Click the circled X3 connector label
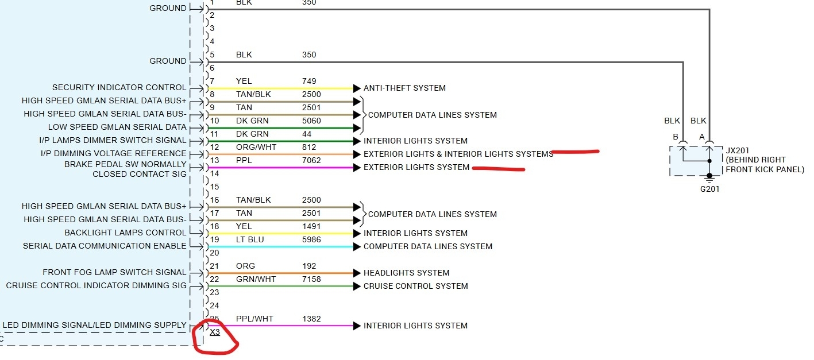pos(215,332)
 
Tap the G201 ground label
pos(709,189)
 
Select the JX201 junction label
pos(738,150)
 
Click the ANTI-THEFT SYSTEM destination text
pos(404,88)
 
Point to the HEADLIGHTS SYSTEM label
pos(406,273)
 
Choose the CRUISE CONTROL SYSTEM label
pos(415,286)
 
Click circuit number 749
pos(309,81)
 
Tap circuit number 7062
pos(311,160)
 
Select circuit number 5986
pos(311,239)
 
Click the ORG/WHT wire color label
pos(256,147)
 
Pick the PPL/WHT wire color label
pos(254,319)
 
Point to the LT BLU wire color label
pos(250,239)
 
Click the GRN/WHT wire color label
pos(256,279)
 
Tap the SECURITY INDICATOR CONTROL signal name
pos(119,88)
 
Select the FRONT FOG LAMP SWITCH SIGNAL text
pos(114,272)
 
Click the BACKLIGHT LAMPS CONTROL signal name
pos(125,233)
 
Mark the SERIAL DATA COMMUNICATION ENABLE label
pos(105,246)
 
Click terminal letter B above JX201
pos(676,137)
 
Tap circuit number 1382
pos(311,319)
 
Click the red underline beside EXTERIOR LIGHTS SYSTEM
pos(498,168)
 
